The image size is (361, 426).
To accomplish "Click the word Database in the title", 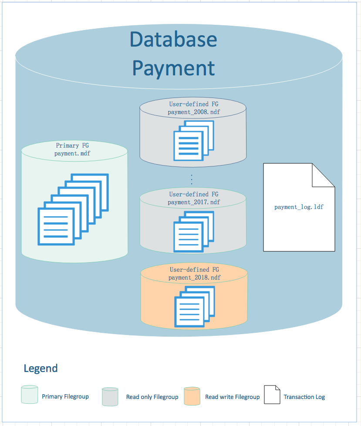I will (173, 40).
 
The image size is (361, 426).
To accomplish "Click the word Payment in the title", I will (173, 68).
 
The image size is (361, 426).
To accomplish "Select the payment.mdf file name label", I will (72, 153).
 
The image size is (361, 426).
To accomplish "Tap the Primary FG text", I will (72, 145).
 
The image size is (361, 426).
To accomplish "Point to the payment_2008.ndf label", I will (194, 112).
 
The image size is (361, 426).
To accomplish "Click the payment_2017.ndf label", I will (194, 202).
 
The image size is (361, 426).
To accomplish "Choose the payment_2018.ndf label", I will (194, 277).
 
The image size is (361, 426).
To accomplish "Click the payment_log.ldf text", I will (299, 207).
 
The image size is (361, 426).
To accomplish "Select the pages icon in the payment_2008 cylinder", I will (194, 140).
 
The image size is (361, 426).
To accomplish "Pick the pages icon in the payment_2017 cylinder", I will (194, 231).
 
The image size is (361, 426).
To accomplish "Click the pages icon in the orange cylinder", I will (194, 306).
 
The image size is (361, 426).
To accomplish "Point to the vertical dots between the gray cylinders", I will (192, 179).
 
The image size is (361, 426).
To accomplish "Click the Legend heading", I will (40, 369).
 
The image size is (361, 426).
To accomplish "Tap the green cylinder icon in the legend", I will (30, 395).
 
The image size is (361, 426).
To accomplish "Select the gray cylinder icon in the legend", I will (110, 396).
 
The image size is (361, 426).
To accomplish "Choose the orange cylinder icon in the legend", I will (192, 396).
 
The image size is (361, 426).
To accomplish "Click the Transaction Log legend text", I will (304, 397).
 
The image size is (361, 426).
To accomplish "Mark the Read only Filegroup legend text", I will (152, 397).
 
